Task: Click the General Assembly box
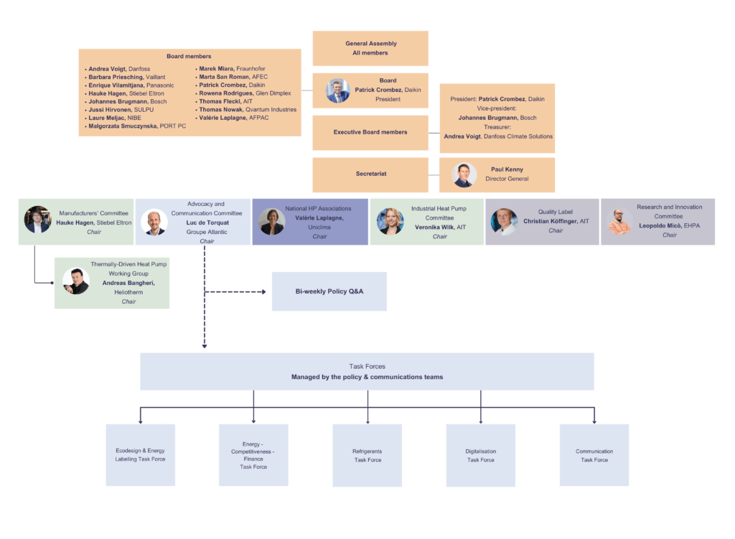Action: coord(370,48)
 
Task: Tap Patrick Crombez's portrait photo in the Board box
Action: coord(337,91)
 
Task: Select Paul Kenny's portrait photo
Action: coord(464,175)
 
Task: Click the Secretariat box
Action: coord(370,174)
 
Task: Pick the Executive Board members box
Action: coord(370,132)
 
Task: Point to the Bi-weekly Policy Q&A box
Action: coord(329,291)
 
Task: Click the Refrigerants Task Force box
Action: coord(367,455)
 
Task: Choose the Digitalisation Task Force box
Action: coord(481,455)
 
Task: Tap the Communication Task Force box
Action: coord(594,455)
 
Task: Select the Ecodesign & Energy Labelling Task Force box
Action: coord(141,454)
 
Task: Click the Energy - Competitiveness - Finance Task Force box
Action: coord(254,455)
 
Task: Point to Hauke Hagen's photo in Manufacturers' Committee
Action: coord(37,220)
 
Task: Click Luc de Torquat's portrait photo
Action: coord(154,222)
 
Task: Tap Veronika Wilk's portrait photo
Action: coord(390,222)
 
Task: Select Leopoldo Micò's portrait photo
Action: coord(619,222)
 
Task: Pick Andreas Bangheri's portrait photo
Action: coord(75,281)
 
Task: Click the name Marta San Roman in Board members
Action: coord(224,77)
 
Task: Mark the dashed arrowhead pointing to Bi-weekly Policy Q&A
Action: coord(265,291)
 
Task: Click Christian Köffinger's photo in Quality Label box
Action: coord(504,222)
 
